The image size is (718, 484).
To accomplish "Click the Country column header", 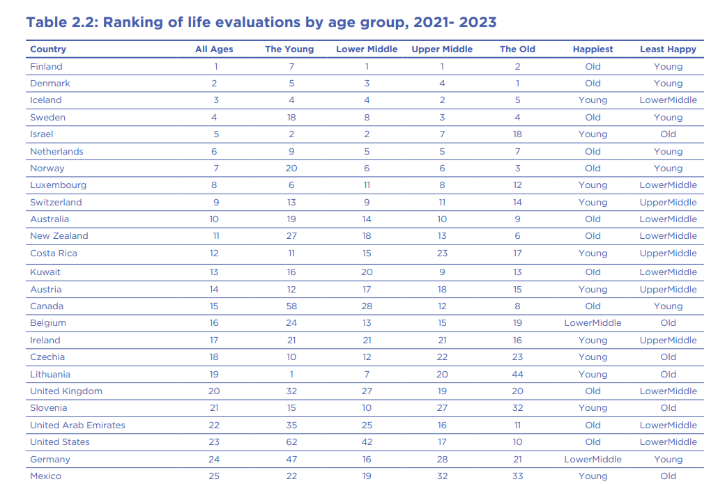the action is (48, 49).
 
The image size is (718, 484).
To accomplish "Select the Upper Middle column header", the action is (442, 49).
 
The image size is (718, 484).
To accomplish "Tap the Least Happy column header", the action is (668, 49).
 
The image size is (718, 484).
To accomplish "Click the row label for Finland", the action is (46, 66).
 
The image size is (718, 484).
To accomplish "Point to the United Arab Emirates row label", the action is (78, 425).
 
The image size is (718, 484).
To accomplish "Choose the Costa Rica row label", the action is (54, 253).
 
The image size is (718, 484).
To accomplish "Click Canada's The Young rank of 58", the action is (291, 306).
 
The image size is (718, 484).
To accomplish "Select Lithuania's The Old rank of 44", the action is (517, 374).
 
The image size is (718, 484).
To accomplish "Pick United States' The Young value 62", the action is (291, 442).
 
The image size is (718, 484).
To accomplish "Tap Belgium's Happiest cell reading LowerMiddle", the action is (593, 323).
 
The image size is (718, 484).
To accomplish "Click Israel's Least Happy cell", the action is (668, 134).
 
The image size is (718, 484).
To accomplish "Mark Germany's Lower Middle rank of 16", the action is (367, 460).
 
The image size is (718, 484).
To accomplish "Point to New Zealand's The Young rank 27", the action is (291, 236).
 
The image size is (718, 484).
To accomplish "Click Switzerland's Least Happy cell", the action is (668, 202).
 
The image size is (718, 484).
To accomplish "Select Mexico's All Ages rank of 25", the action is (214, 476).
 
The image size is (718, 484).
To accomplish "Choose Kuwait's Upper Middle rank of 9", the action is (442, 272).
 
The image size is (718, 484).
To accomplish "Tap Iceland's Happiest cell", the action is (593, 100).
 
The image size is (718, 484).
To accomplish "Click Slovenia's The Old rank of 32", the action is (517, 408).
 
